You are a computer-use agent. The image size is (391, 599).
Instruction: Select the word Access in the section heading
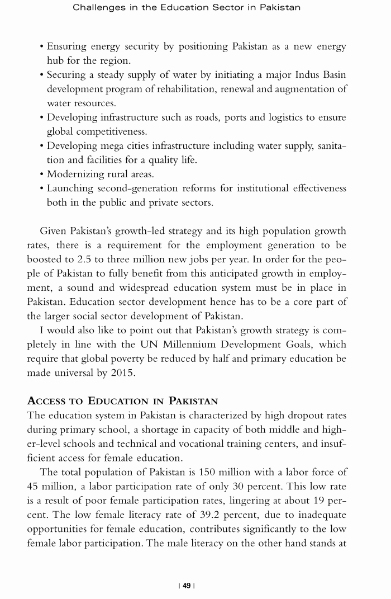[x=46, y=401]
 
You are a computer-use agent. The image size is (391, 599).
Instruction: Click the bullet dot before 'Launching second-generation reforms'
[x=42, y=188]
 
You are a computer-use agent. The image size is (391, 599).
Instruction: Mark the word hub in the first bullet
[x=55, y=60]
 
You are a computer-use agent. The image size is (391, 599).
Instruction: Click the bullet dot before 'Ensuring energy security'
[x=42, y=46]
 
